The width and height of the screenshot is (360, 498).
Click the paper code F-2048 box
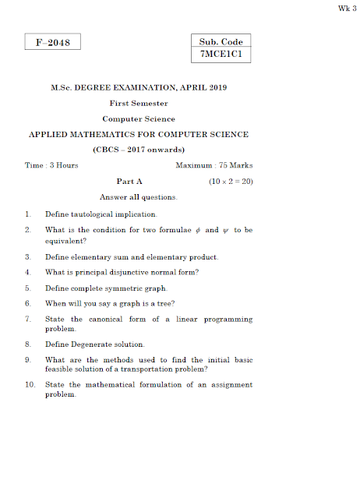pyautogui.click(x=53, y=43)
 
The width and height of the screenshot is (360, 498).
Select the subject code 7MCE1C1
pyautogui.click(x=221, y=55)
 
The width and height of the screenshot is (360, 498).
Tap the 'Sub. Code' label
pyautogui.click(x=221, y=41)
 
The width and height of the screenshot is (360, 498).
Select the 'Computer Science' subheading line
pyautogui.click(x=139, y=119)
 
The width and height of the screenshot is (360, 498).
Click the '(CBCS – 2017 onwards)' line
pyautogui.click(x=139, y=150)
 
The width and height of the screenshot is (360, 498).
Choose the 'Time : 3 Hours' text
pyautogui.click(x=51, y=165)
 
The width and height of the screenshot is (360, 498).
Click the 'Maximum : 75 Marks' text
pyautogui.click(x=214, y=165)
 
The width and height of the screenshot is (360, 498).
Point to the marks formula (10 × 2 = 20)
pyautogui.click(x=231, y=181)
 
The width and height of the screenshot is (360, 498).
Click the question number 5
pyautogui.click(x=27, y=288)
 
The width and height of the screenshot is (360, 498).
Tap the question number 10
pyautogui.click(x=30, y=385)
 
